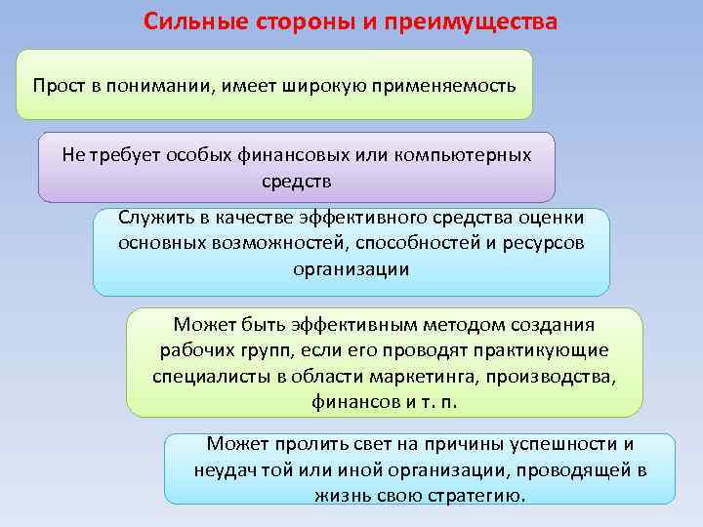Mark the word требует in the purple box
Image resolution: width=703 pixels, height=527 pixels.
pos(127,155)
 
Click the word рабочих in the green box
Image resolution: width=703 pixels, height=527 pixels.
pos(190,349)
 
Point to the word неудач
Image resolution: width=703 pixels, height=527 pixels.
pos(225,469)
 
